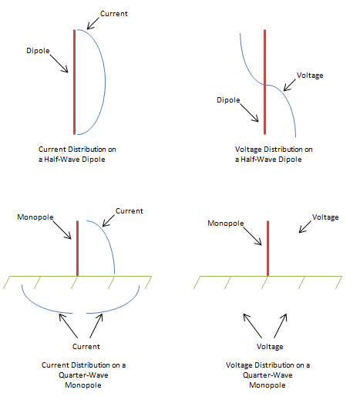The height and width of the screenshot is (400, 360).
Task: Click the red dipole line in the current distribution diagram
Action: [x=74, y=82]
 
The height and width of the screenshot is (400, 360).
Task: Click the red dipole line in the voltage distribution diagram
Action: [x=264, y=82]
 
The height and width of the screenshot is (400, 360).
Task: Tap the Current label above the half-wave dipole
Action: [x=114, y=14]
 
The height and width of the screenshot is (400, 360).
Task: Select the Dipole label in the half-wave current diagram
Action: [x=38, y=51]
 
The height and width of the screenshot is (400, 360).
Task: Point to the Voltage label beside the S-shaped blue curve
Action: [x=310, y=76]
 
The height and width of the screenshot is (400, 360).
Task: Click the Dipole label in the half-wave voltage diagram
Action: [x=228, y=100]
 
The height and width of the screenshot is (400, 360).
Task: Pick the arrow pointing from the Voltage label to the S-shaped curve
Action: [x=290, y=85]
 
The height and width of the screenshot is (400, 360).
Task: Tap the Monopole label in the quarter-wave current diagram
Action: [x=35, y=217]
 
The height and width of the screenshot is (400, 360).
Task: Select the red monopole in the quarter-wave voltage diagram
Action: [x=267, y=248]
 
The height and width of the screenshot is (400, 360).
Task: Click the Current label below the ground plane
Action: [x=86, y=347]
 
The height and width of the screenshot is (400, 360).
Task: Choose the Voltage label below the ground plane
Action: [x=270, y=347]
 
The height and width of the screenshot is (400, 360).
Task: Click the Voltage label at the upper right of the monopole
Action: [x=325, y=217]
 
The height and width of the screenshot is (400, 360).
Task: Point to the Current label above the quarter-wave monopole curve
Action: [x=130, y=211]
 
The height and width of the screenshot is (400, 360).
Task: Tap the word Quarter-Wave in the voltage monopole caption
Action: [x=267, y=375]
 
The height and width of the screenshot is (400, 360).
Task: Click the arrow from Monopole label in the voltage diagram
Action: [x=252, y=236]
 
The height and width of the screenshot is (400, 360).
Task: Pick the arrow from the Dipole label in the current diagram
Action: [x=59, y=63]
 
